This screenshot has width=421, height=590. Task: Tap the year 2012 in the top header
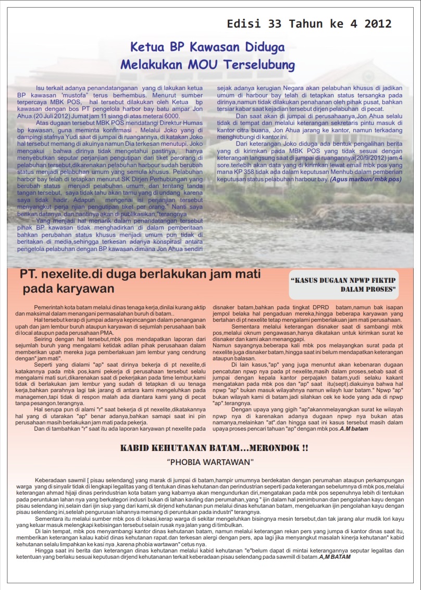click(x=378, y=24)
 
